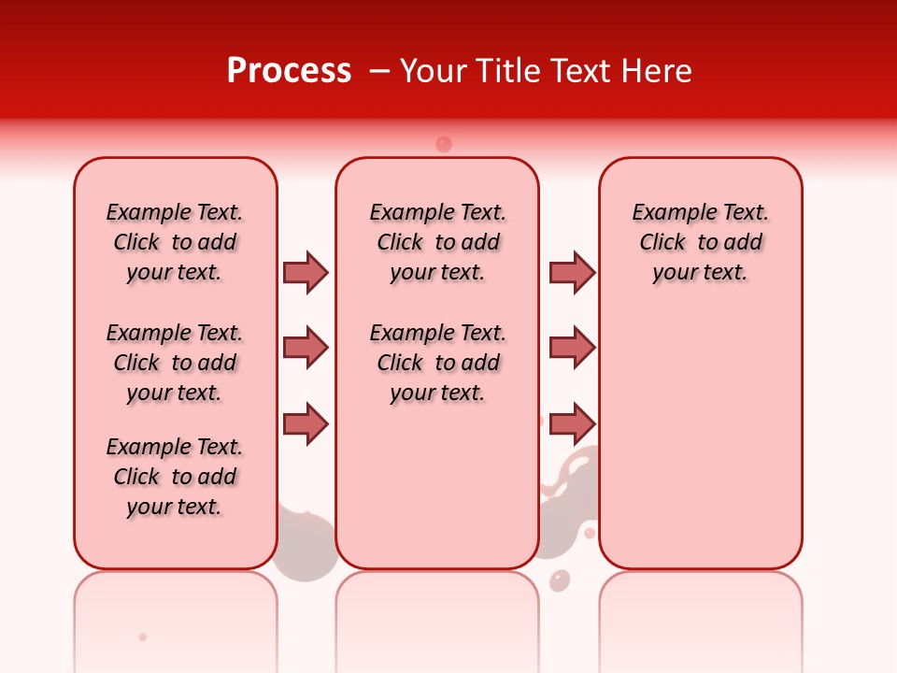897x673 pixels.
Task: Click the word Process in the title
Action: [289, 70]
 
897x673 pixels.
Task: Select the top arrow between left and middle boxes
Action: [306, 272]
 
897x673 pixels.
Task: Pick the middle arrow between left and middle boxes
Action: [306, 348]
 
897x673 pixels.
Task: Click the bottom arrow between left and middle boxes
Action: [306, 423]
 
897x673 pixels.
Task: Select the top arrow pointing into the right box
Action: [572, 272]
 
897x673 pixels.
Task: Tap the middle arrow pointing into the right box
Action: [572, 348]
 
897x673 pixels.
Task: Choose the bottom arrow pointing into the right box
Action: [572, 423]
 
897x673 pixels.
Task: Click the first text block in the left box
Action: [175, 242]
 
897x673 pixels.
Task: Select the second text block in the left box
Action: [175, 363]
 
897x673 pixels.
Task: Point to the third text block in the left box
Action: [175, 477]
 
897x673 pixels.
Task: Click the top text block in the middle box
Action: [437, 242]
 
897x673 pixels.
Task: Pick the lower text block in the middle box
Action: [437, 363]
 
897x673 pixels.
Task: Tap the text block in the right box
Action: [701, 242]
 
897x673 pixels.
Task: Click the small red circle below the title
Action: [444, 144]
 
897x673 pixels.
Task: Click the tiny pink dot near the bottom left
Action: [143, 637]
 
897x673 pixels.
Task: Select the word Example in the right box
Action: [667, 213]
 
